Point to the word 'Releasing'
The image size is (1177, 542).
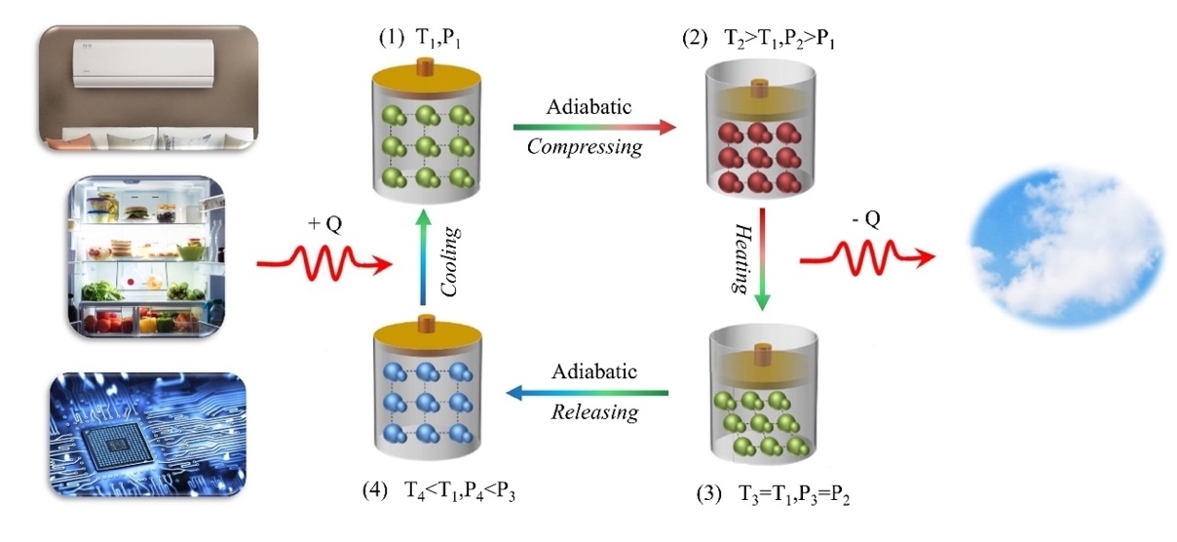click(x=594, y=412)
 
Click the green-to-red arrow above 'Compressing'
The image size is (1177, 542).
click(x=593, y=126)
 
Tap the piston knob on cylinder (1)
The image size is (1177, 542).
click(x=425, y=67)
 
